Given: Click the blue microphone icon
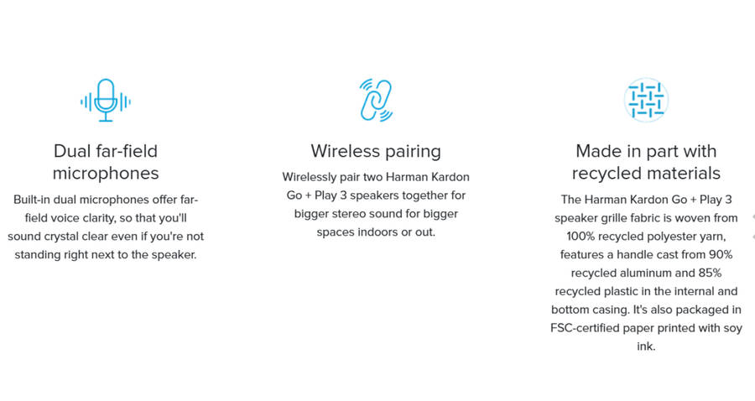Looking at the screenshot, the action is pyautogui.click(x=106, y=100).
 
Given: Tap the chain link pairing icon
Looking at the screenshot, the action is pyautogui.click(x=376, y=100).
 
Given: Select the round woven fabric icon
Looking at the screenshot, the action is pyautogui.click(x=646, y=100).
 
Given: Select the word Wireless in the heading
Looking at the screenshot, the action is pyautogui.click(x=346, y=151).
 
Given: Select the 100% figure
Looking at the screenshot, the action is pyautogui.click(x=581, y=237).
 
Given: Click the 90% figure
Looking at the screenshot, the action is pyautogui.click(x=721, y=255).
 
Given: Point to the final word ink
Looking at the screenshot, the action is pyautogui.click(x=646, y=346).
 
